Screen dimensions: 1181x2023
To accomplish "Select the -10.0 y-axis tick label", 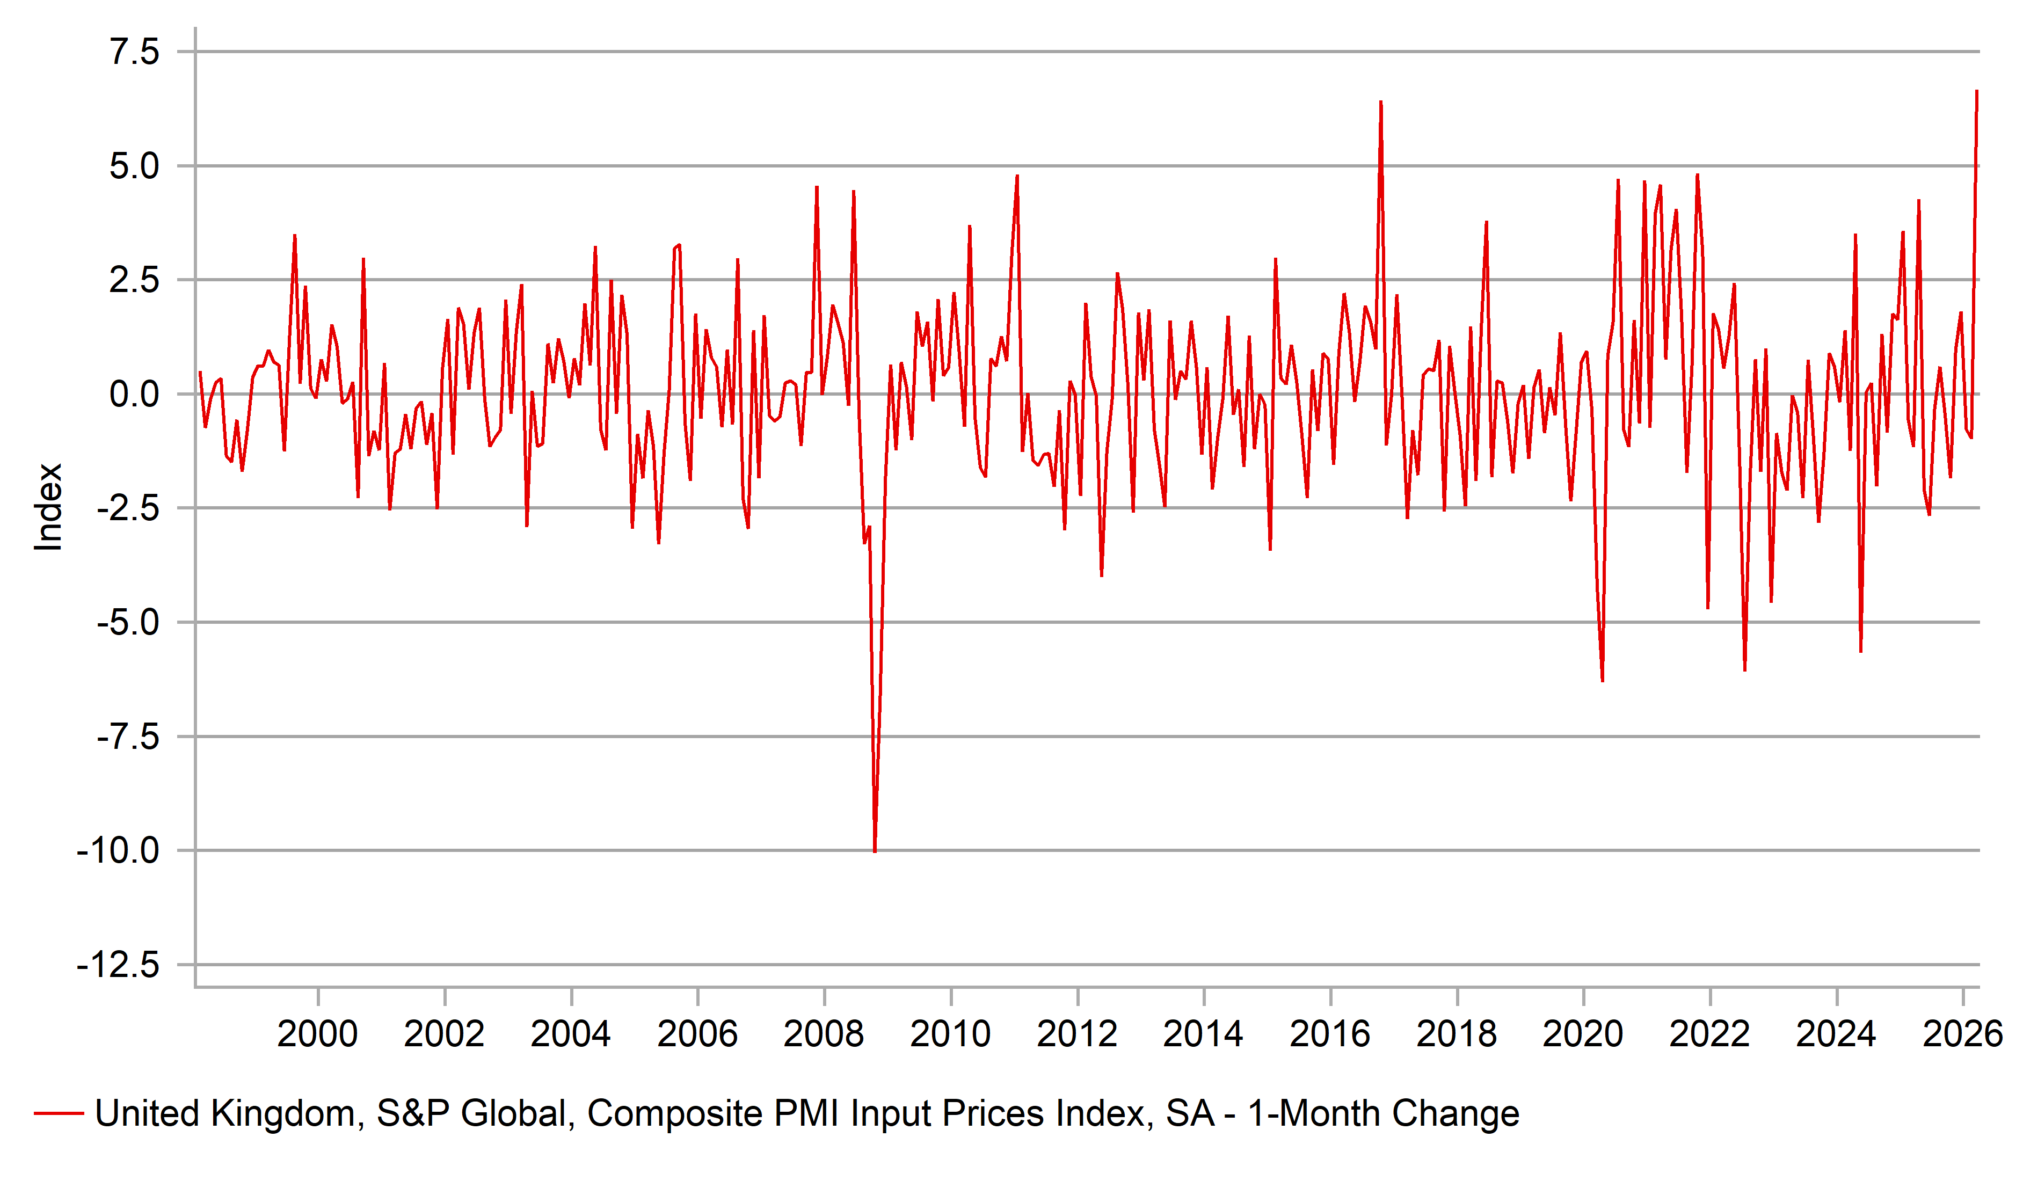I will [x=118, y=850].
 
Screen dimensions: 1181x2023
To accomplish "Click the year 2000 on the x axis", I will [x=317, y=1034].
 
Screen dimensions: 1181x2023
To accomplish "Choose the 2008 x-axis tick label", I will [x=823, y=1034].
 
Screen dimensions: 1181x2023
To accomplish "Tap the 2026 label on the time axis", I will [x=1962, y=1034].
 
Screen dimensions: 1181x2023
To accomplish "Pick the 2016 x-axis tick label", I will [x=1329, y=1034].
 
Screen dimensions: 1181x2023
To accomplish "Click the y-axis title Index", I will [x=48, y=507].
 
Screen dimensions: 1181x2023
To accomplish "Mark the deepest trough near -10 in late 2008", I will [x=874, y=851].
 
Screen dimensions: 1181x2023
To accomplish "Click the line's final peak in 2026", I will [x=1976, y=91].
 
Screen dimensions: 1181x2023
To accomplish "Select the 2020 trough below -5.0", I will [x=1602, y=681].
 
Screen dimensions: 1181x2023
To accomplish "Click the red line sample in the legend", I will [x=59, y=1113].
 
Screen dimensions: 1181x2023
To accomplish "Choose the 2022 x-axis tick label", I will [x=1709, y=1034].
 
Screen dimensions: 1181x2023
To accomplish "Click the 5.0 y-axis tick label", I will [x=134, y=166].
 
